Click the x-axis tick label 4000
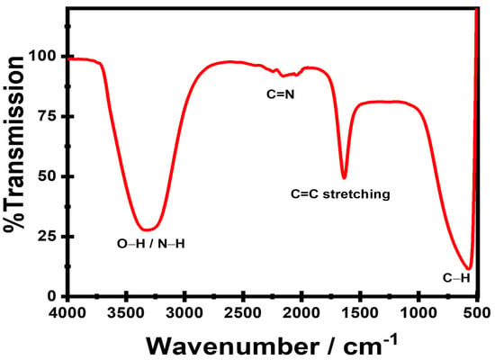point(67,313)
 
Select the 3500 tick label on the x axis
point(126,313)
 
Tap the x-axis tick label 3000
point(184,313)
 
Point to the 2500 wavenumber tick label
point(243,313)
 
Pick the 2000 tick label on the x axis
point(301,313)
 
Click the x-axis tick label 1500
point(360,313)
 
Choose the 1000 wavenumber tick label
point(418,313)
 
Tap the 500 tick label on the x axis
point(477,313)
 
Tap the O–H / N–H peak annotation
point(151,244)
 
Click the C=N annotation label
point(281,94)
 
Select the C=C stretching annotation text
point(340,193)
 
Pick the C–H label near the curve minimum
point(456,278)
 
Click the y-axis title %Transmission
point(14,144)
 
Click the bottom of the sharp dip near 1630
point(344,179)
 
